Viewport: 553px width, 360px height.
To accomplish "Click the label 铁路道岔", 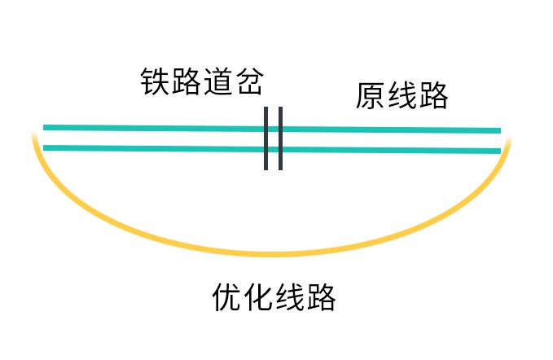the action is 202,81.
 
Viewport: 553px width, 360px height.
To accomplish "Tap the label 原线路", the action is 402,95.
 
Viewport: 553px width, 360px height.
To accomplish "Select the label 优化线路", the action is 274,297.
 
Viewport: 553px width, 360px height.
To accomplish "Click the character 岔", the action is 250,81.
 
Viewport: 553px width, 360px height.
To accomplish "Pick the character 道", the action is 218,81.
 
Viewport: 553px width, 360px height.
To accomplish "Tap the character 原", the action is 370,95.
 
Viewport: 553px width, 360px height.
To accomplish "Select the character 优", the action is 226,297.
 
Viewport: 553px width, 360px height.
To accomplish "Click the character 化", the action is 258,297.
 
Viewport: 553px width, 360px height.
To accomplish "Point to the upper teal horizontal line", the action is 272,129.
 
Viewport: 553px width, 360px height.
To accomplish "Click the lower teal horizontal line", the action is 272,150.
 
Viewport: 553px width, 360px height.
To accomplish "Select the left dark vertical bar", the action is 266,138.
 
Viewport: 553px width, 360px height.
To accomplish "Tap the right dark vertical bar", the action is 280,138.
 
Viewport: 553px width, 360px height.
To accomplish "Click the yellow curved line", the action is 272,254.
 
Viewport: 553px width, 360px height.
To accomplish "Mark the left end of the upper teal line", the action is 43,127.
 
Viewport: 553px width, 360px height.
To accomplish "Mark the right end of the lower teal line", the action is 501,151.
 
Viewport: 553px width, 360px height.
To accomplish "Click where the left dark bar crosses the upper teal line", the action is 266,129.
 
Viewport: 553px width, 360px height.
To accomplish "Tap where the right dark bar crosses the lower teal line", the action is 280,150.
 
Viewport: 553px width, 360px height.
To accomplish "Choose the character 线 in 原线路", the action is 402,95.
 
